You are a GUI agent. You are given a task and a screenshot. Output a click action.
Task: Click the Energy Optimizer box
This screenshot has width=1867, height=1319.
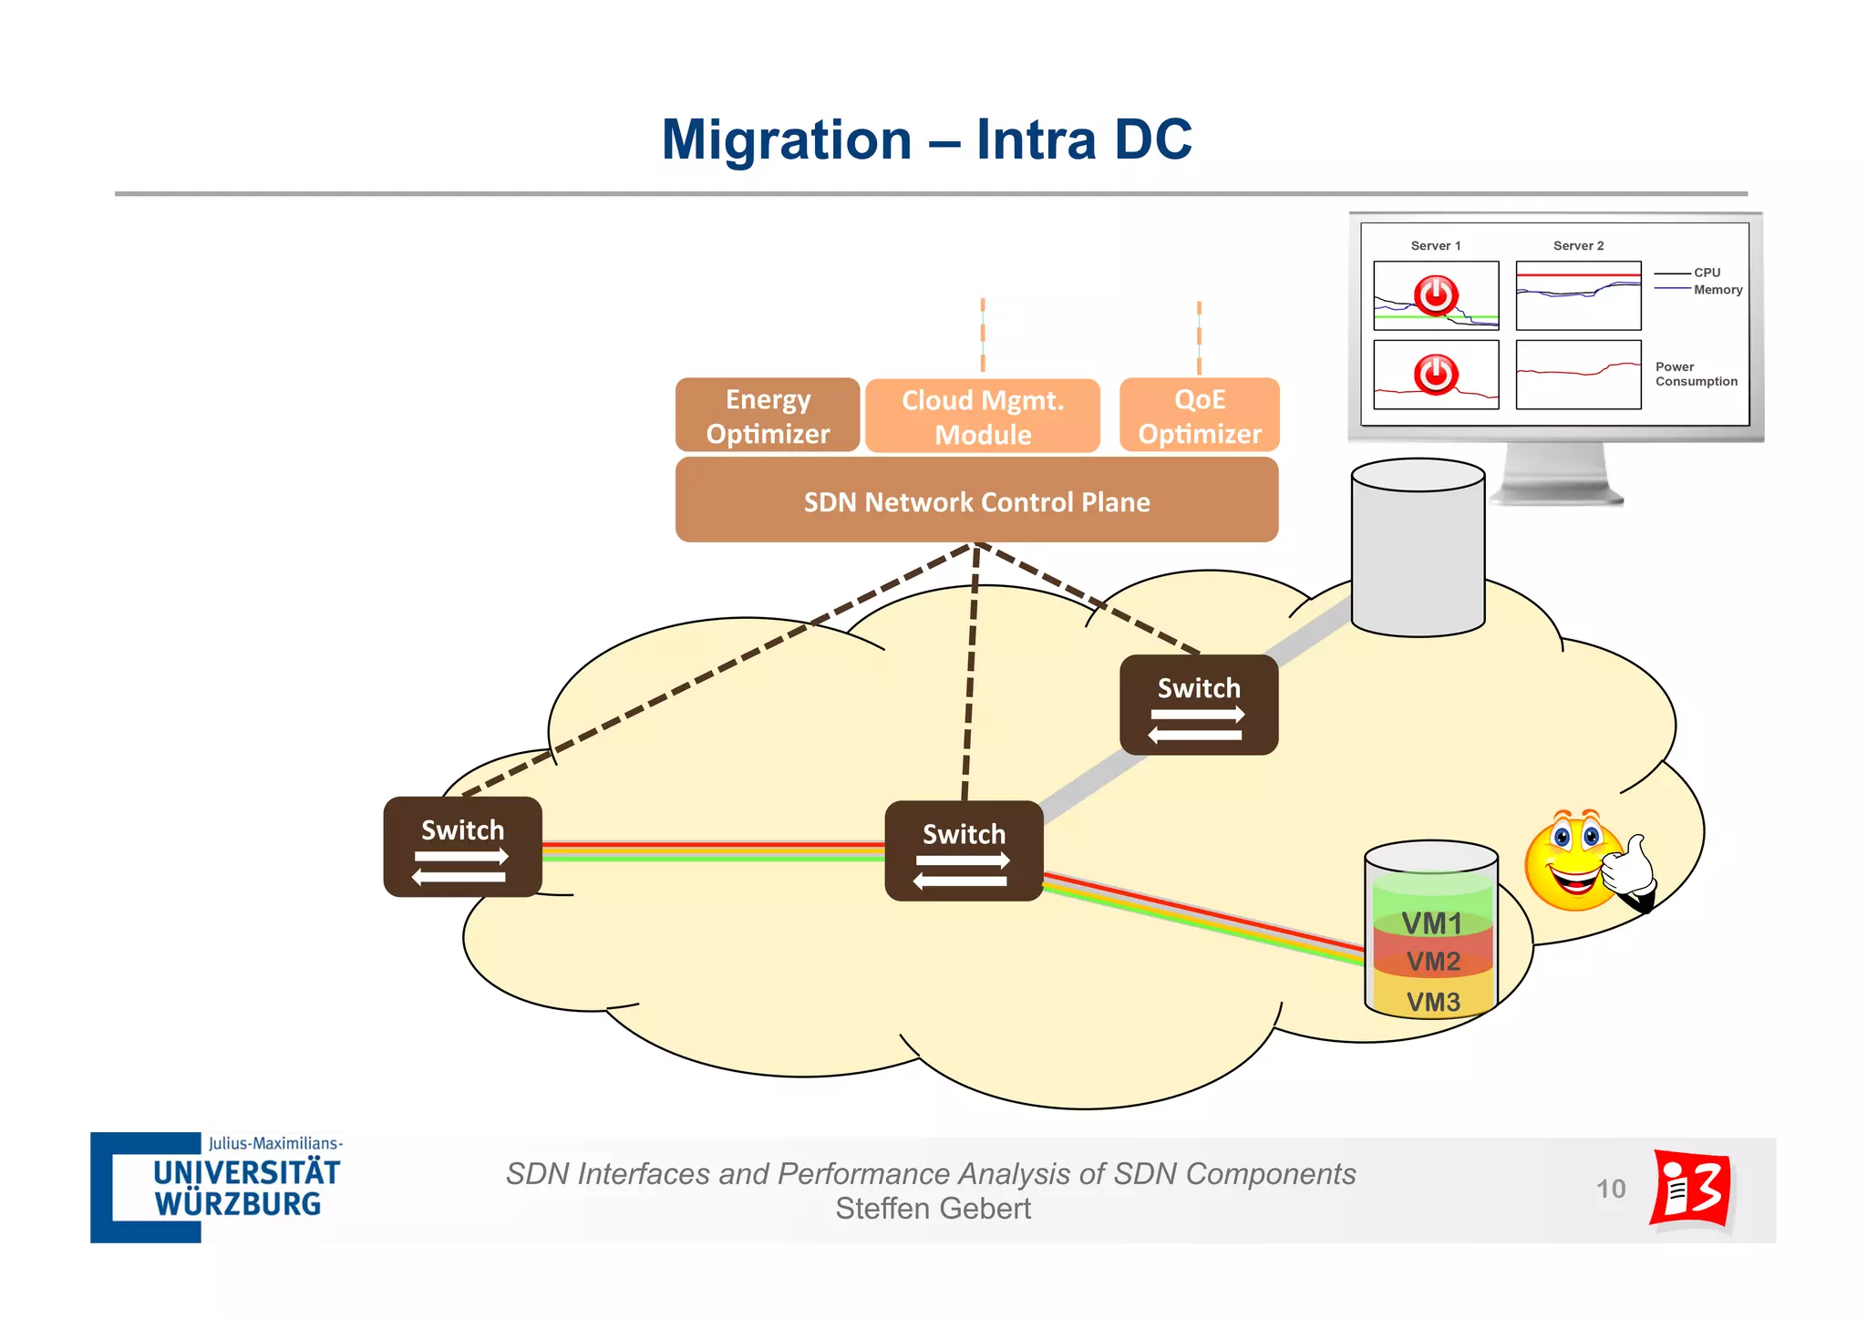tap(768, 416)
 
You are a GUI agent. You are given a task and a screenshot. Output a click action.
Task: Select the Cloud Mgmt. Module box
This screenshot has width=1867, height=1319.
tap(983, 417)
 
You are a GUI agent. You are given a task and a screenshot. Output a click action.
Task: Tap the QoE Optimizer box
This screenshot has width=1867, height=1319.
tap(1200, 416)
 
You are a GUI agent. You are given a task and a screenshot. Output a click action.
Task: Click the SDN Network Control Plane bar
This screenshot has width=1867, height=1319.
tap(976, 501)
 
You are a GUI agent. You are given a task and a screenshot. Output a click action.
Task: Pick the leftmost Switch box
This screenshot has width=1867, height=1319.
tap(463, 847)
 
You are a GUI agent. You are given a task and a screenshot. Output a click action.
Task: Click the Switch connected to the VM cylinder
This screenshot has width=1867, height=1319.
tap(964, 850)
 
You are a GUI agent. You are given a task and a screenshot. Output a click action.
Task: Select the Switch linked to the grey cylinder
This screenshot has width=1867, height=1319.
tap(1199, 705)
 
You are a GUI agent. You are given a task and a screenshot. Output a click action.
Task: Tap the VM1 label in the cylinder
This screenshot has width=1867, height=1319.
tap(1431, 923)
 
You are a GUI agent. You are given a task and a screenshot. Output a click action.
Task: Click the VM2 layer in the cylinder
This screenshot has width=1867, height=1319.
tap(1432, 961)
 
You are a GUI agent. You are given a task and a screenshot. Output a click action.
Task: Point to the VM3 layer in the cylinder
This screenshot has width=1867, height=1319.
tap(1432, 1001)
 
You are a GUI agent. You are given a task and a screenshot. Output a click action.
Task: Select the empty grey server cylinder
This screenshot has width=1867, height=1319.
tap(1418, 547)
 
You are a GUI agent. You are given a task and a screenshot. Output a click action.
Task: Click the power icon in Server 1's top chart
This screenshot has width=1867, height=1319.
tap(1436, 295)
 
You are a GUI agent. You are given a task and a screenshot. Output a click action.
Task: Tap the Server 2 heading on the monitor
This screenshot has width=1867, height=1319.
tap(1578, 246)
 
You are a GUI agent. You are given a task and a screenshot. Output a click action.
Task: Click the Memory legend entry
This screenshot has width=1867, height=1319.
tap(1717, 290)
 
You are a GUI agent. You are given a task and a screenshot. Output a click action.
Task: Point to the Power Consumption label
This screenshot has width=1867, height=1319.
tap(1696, 375)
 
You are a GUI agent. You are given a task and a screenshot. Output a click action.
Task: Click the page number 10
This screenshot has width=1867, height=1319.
tap(1611, 1189)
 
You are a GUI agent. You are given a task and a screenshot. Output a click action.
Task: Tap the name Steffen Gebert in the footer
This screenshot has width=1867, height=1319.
tap(933, 1209)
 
